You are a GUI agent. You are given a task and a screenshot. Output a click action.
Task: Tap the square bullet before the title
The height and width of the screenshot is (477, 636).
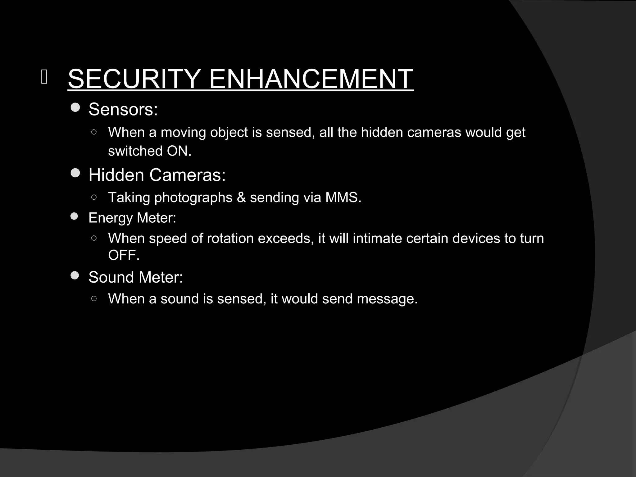(44, 78)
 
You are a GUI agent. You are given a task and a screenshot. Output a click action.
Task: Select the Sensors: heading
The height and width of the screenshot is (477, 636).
(123, 109)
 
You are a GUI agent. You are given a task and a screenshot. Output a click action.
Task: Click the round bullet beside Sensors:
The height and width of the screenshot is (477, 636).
(75, 108)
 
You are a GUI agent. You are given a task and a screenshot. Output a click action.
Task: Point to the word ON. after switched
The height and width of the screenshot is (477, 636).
(179, 151)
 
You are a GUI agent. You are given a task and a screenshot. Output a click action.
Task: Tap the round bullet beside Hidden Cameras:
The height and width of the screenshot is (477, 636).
(75, 173)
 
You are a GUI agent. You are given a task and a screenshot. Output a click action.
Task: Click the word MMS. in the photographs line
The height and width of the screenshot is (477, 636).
(343, 198)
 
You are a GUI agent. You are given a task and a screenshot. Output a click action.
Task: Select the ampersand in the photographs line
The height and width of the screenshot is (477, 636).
(241, 198)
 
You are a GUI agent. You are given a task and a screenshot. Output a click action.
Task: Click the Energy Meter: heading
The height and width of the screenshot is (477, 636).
(132, 218)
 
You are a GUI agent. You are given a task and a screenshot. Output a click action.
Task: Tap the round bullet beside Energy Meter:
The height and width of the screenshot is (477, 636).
(74, 216)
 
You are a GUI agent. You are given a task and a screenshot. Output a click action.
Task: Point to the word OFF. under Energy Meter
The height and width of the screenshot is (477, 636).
(124, 255)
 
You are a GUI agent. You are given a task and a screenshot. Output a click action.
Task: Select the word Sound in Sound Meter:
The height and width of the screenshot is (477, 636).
(110, 277)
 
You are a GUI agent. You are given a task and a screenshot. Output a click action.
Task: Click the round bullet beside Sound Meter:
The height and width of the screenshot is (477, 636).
(75, 275)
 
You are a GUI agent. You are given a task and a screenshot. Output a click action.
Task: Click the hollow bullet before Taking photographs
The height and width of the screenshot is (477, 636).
(94, 197)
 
